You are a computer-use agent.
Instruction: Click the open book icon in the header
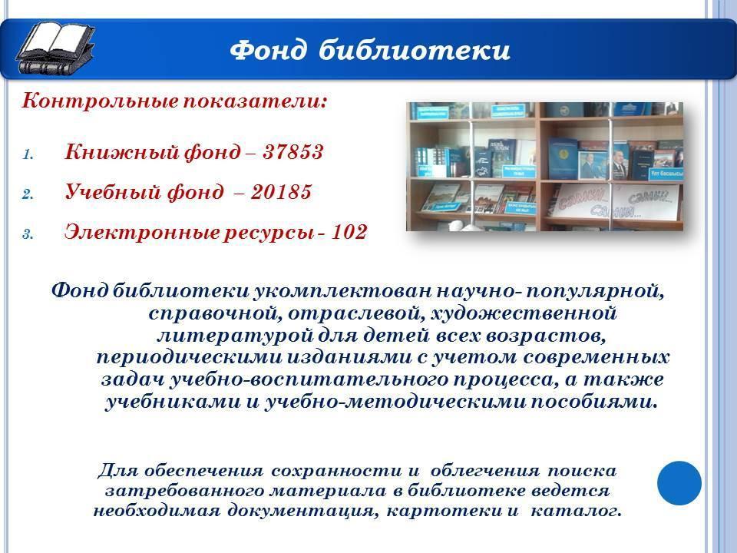pyautogui.click(x=55, y=49)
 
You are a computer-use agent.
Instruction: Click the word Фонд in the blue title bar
pyautogui.click(x=269, y=50)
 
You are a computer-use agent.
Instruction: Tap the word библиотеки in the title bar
pyautogui.click(x=415, y=50)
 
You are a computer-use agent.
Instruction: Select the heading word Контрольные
pyautogui.click(x=100, y=101)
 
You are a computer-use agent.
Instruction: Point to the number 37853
pyautogui.click(x=292, y=152)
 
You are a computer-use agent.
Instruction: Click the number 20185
pyautogui.click(x=281, y=192)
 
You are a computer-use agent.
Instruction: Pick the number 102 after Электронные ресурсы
pyautogui.click(x=349, y=232)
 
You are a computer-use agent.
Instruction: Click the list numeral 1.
pyautogui.click(x=28, y=154)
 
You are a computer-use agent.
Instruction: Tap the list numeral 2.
pyautogui.click(x=28, y=194)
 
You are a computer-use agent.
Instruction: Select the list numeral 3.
pyautogui.click(x=28, y=234)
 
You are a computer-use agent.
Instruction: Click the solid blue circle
pyautogui.click(x=679, y=483)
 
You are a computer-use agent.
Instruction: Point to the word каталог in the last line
pyautogui.click(x=576, y=511)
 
